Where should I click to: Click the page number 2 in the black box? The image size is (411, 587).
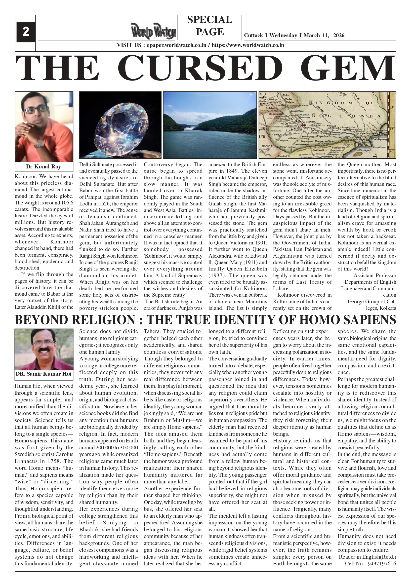tap(26, 32)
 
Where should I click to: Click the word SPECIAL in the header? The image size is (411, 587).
tap(209, 20)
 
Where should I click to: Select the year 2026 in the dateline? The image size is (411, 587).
tap(339, 36)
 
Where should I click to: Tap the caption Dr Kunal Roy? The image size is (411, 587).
tap(43, 167)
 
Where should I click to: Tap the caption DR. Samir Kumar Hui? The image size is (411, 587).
tap(43, 374)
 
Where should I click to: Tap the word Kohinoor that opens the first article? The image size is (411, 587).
tap(26, 177)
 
